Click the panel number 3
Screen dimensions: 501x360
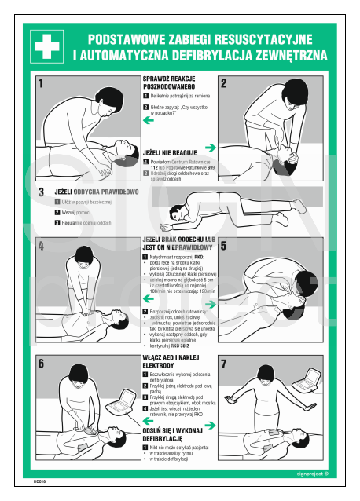pos(41,192)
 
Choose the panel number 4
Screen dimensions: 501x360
pos(41,247)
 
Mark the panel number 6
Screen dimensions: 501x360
pos(41,364)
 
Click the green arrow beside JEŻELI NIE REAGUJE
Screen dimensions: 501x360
pos(210,147)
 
